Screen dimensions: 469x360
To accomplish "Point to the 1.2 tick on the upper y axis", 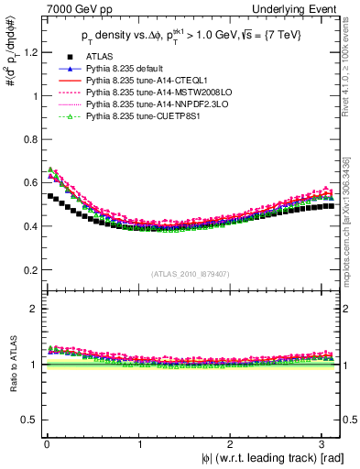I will pos(29,52).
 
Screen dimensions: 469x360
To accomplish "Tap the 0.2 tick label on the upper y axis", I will pos(29,270).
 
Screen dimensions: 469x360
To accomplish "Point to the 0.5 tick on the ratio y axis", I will pos(29,420).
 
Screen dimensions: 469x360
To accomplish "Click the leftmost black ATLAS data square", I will pos(50,196).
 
